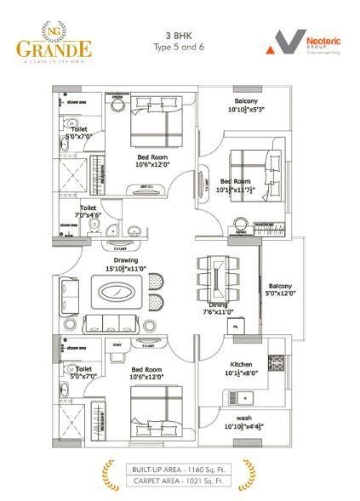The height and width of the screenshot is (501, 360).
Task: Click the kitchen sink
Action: [243, 396]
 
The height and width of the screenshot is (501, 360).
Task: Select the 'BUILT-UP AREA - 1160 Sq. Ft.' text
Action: [179, 469]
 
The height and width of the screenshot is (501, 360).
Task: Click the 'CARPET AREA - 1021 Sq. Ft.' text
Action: [179, 481]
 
